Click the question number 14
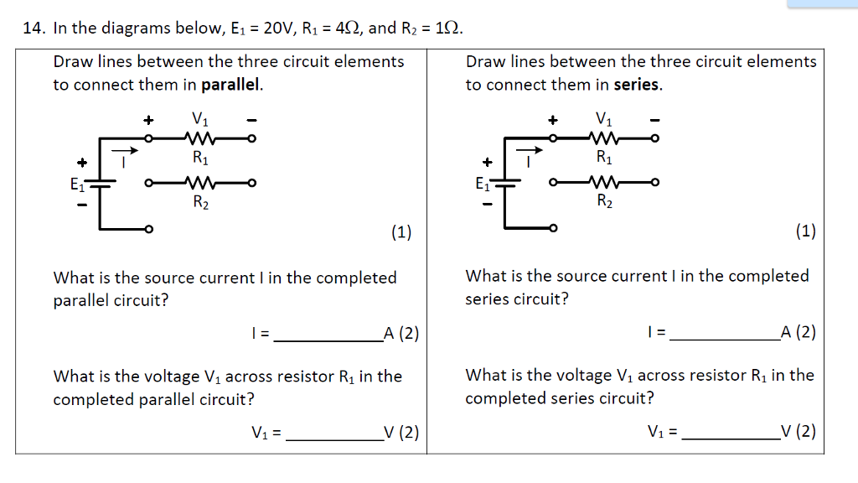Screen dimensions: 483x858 tap(33, 29)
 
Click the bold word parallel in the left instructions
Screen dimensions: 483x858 tap(232, 85)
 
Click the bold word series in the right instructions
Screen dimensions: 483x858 tap(638, 85)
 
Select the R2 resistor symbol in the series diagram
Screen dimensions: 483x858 tap(604, 182)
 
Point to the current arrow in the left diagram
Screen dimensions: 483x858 tap(123, 151)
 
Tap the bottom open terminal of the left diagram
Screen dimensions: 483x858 tap(149, 229)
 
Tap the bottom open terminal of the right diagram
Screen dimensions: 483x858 tap(553, 228)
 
